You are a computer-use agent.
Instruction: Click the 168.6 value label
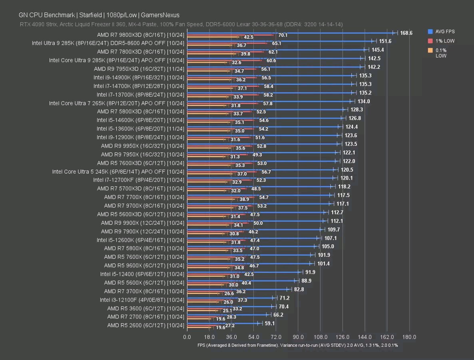(x=406, y=33)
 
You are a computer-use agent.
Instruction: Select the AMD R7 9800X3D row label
(x=141, y=35)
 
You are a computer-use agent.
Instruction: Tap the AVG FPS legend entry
(x=444, y=32)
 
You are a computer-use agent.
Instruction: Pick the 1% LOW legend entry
(x=445, y=41)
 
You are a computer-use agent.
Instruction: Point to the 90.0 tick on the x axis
(x=298, y=337)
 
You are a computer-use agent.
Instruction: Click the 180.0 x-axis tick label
(x=409, y=337)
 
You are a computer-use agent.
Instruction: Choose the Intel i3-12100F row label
(x=142, y=300)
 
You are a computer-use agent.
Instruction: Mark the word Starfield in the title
(x=90, y=15)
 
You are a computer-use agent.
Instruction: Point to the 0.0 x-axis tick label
(x=187, y=337)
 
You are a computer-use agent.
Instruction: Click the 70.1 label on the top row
(x=283, y=35)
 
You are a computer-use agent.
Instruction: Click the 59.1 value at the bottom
(x=270, y=323)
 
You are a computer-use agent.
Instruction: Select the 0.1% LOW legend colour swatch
(x=430, y=50)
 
